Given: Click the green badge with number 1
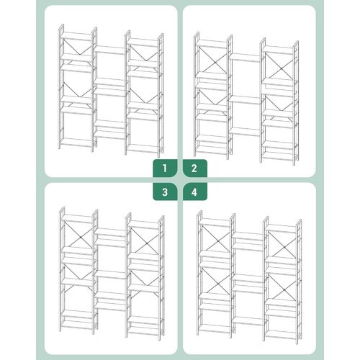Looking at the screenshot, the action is (165, 168).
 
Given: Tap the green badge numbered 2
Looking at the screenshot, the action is (194, 168).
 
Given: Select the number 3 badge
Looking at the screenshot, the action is (165, 192).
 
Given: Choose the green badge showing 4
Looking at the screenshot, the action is (194, 192).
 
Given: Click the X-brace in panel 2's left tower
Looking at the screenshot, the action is (212, 60).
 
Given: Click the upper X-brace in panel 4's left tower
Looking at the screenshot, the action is (216, 239).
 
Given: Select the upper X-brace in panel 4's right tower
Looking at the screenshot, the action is (282, 245).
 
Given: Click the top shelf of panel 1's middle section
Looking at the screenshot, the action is (109, 50).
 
